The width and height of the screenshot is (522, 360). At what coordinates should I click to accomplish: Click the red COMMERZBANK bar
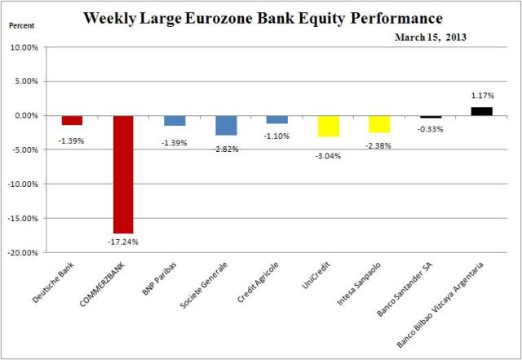pyautogui.click(x=123, y=174)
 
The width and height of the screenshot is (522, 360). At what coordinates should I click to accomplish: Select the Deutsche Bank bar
pyautogui.click(x=72, y=120)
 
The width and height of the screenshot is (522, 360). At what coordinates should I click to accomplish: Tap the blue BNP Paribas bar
pyautogui.click(x=175, y=120)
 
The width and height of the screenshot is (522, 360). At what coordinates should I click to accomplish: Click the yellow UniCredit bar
pyautogui.click(x=329, y=126)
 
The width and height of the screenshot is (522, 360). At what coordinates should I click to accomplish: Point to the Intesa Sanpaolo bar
pyautogui.click(x=379, y=123)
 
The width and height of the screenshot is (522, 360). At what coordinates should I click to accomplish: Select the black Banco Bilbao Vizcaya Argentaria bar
pyautogui.click(x=481, y=111)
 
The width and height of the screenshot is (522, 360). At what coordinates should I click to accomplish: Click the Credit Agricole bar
pyautogui.click(x=277, y=119)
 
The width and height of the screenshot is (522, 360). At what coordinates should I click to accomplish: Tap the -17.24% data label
pyautogui.click(x=123, y=242)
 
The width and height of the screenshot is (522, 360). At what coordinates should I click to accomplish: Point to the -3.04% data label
pyautogui.click(x=329, y=155)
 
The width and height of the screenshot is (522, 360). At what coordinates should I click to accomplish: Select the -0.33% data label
pyautogui.click(x=431, y=128)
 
